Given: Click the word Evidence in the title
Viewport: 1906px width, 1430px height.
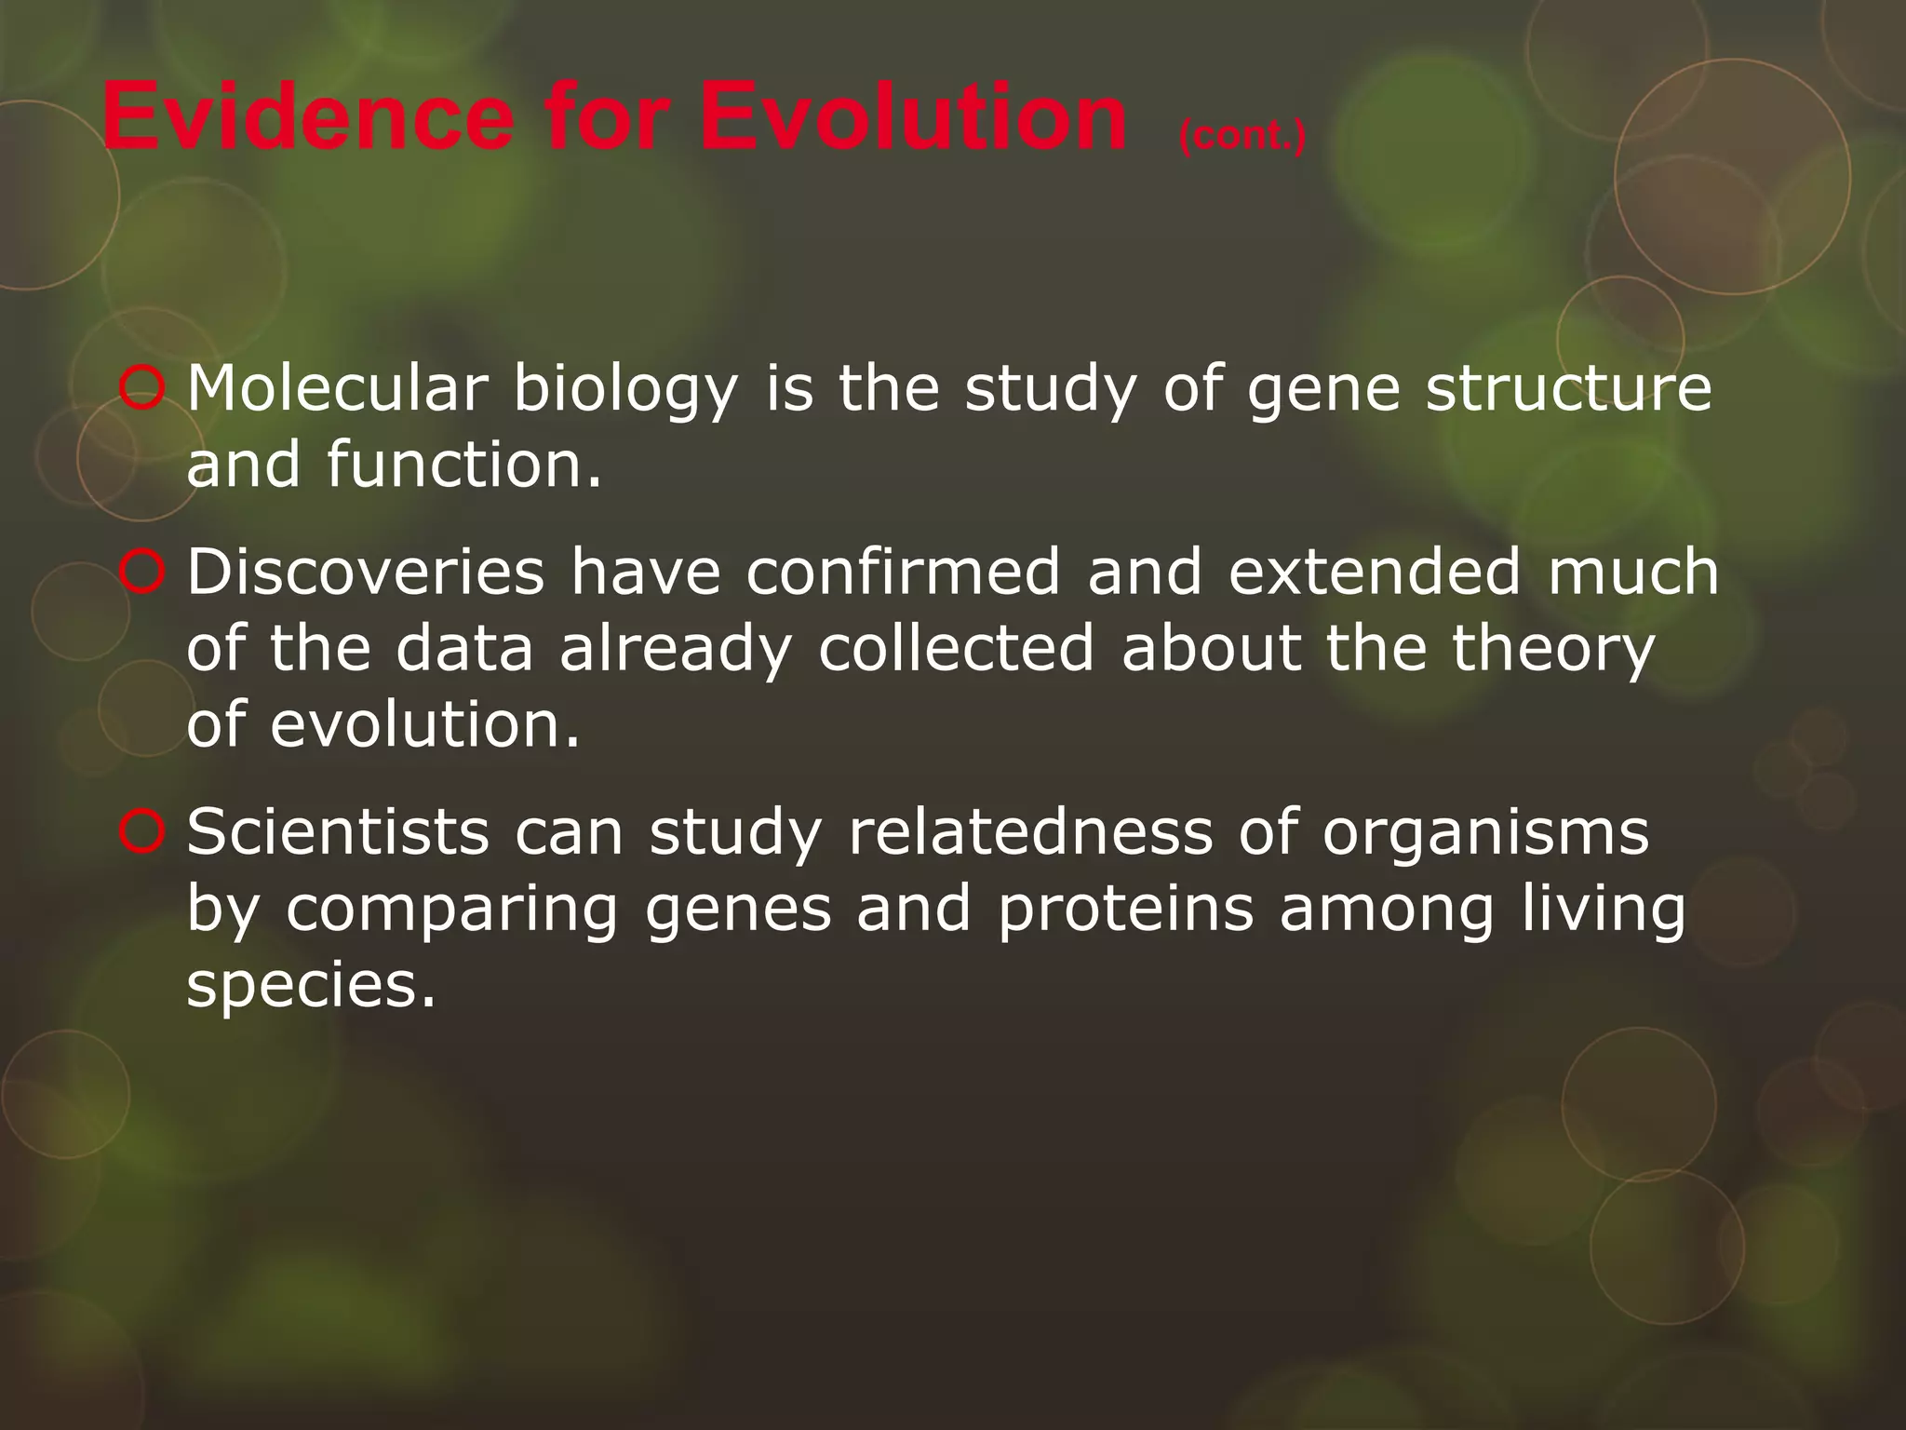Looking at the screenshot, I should tap(307, 119).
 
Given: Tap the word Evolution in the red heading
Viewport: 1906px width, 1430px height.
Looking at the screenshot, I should tap(912, 119).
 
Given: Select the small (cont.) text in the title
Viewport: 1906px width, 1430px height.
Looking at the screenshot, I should tap(1242, 137).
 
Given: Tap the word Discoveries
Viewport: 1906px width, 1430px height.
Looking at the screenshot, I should tap(365, 573).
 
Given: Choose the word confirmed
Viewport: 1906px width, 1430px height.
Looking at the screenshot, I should tap(902, 573).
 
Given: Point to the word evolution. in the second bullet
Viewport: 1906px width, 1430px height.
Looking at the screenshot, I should tap(424, 724).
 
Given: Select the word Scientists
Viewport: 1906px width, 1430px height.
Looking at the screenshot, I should tap(337, 832).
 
